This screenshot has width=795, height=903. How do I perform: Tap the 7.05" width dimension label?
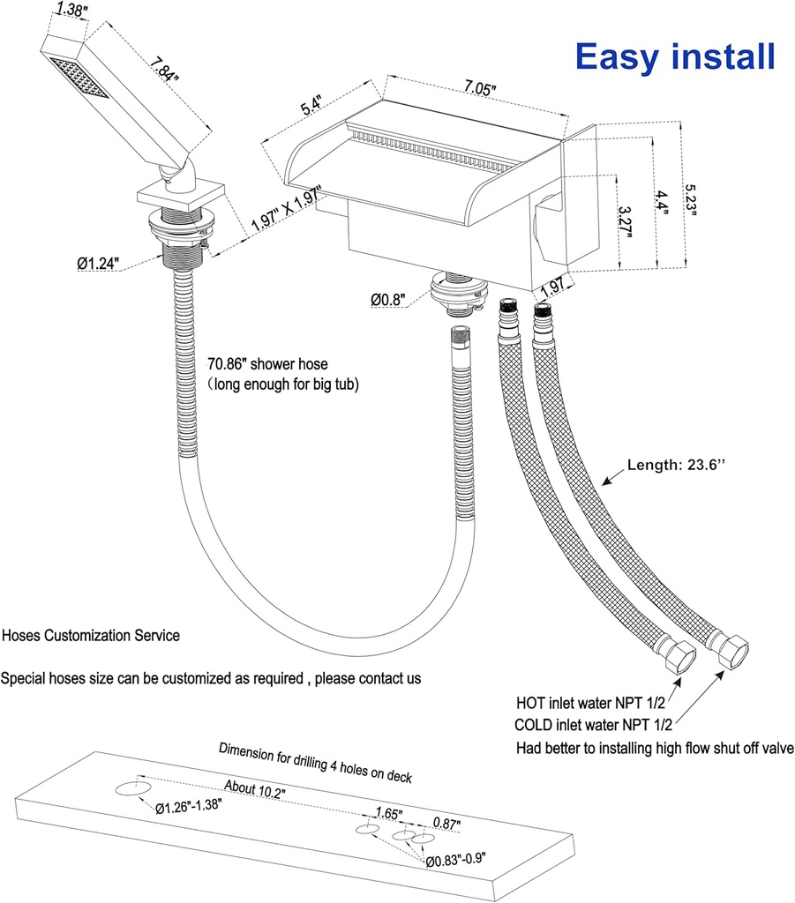(x=476, y=87)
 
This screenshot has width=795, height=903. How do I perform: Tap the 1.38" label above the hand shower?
(x=75, y=11)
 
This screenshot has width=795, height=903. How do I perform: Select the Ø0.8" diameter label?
(x=388, y=300)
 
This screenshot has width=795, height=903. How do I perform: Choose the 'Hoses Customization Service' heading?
(x=91, y=635)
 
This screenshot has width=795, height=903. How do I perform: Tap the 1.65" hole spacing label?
(x=388, y=813)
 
